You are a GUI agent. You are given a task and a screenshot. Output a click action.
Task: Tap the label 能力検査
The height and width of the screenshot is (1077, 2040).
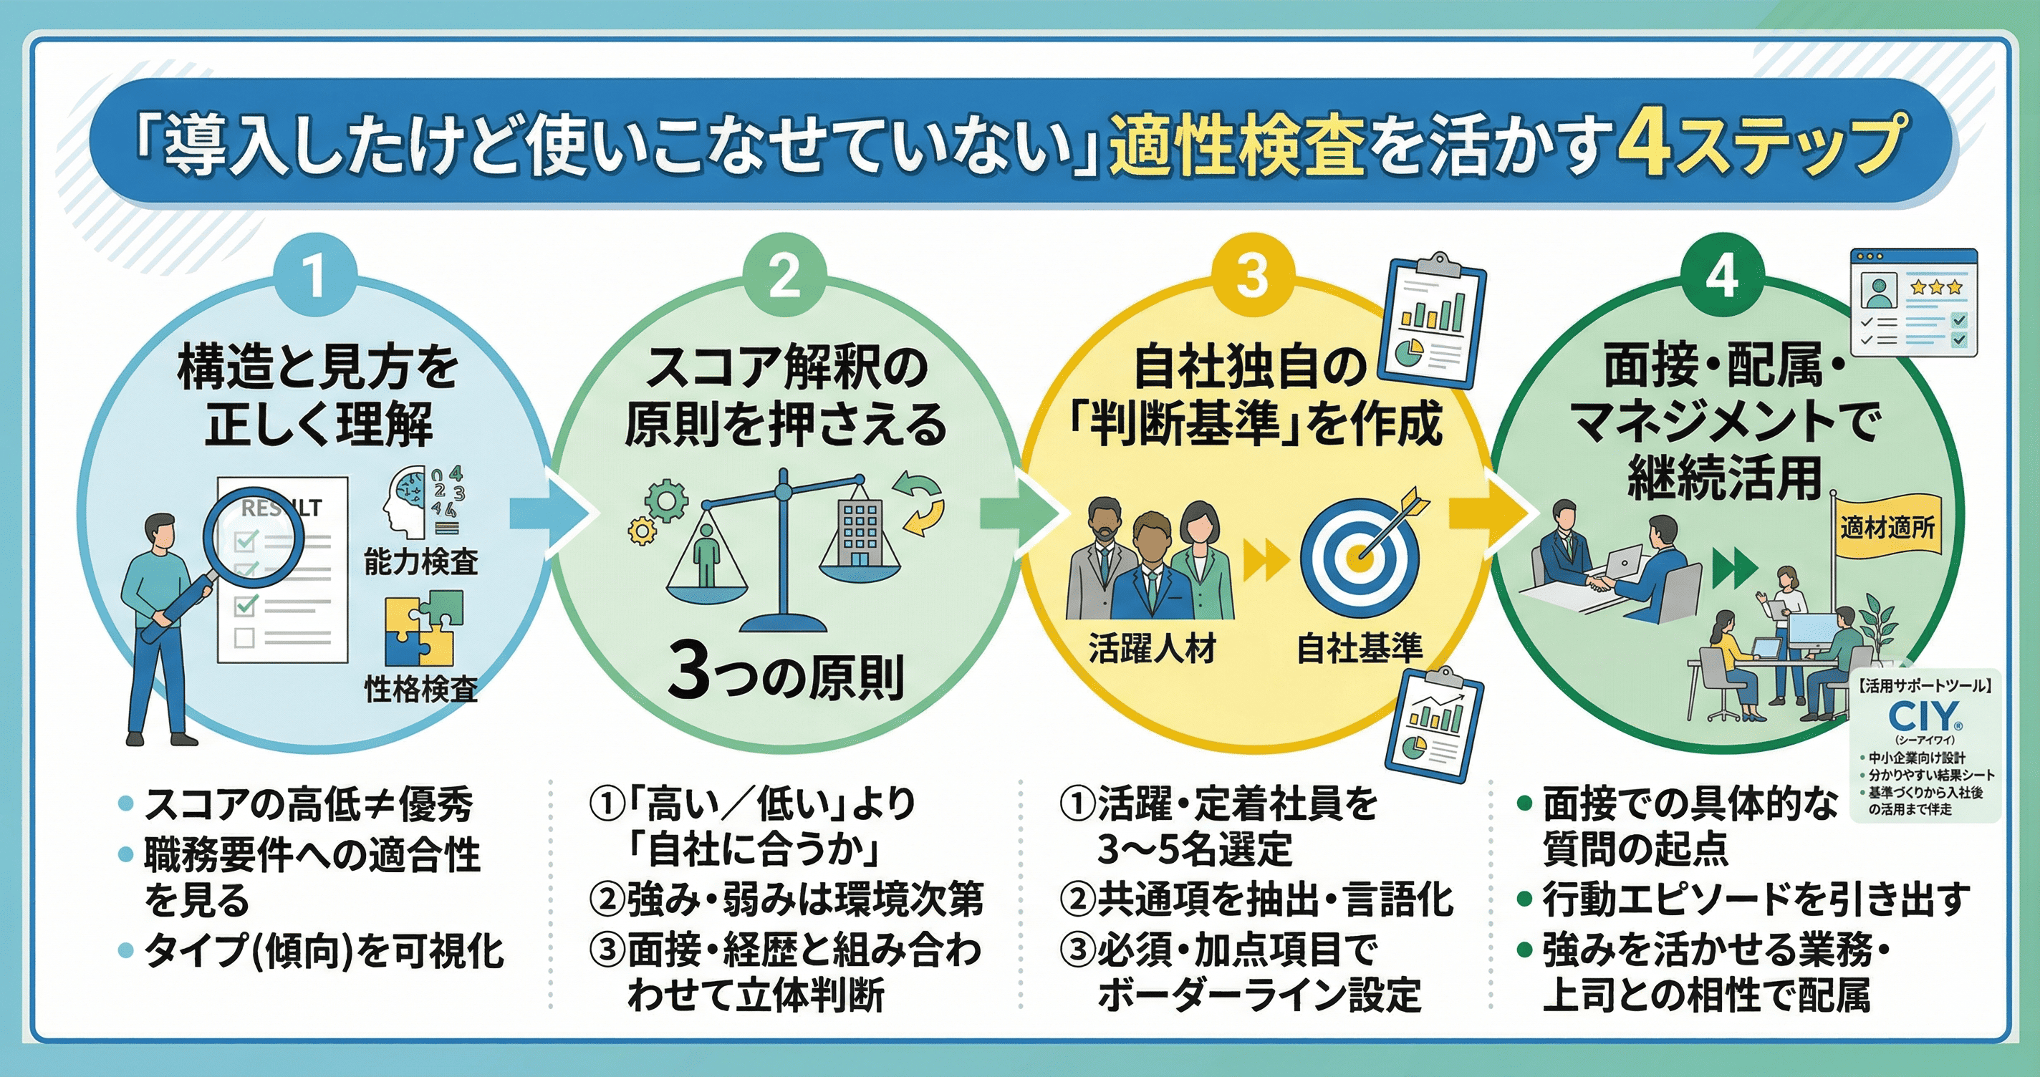pos(420,561)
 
